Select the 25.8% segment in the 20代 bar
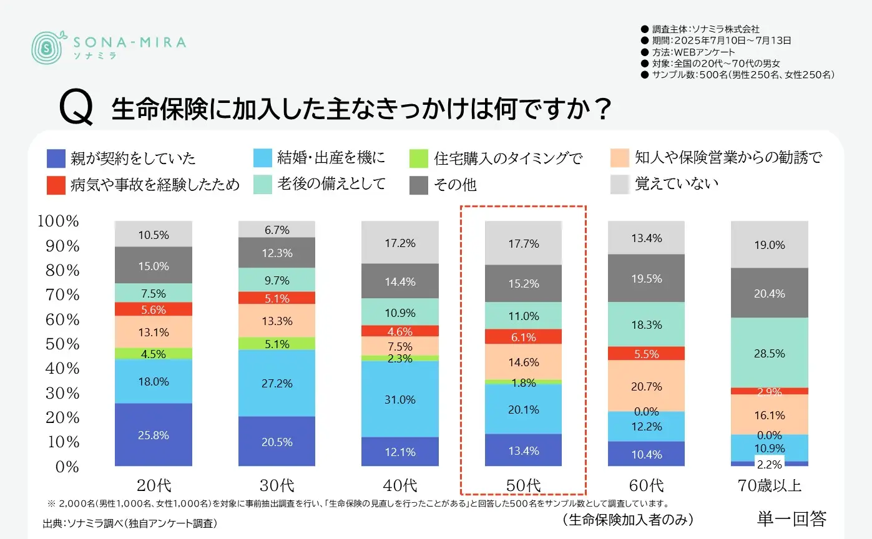coord(154,435)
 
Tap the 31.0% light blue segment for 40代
coord(399,399)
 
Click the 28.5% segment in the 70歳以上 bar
coord(769,353)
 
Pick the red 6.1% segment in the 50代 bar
coord(523,336)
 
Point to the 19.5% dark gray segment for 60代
coord(646,279)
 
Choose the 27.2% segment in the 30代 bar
coord(277,383)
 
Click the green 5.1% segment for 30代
coord(277,344)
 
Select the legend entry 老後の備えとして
coord(320,184)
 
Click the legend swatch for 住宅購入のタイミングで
coord(419,158)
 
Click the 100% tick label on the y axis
coord(59,221)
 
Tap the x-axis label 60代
coord(647,485)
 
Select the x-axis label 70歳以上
coord(769,485)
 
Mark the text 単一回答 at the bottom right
coord(791,518)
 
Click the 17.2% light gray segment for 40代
coord(399,243)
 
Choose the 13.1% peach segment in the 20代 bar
coord(154,332)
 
